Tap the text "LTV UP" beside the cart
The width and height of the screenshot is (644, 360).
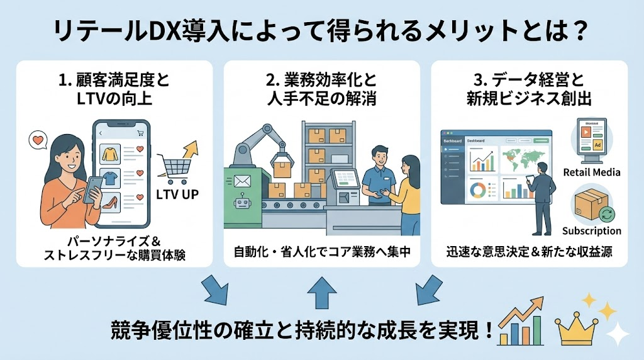coord(177,194)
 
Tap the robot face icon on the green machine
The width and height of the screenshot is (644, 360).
coord(242,204)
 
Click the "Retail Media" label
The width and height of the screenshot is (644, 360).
coord(592,172)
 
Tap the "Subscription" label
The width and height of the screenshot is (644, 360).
coord(592,230)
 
